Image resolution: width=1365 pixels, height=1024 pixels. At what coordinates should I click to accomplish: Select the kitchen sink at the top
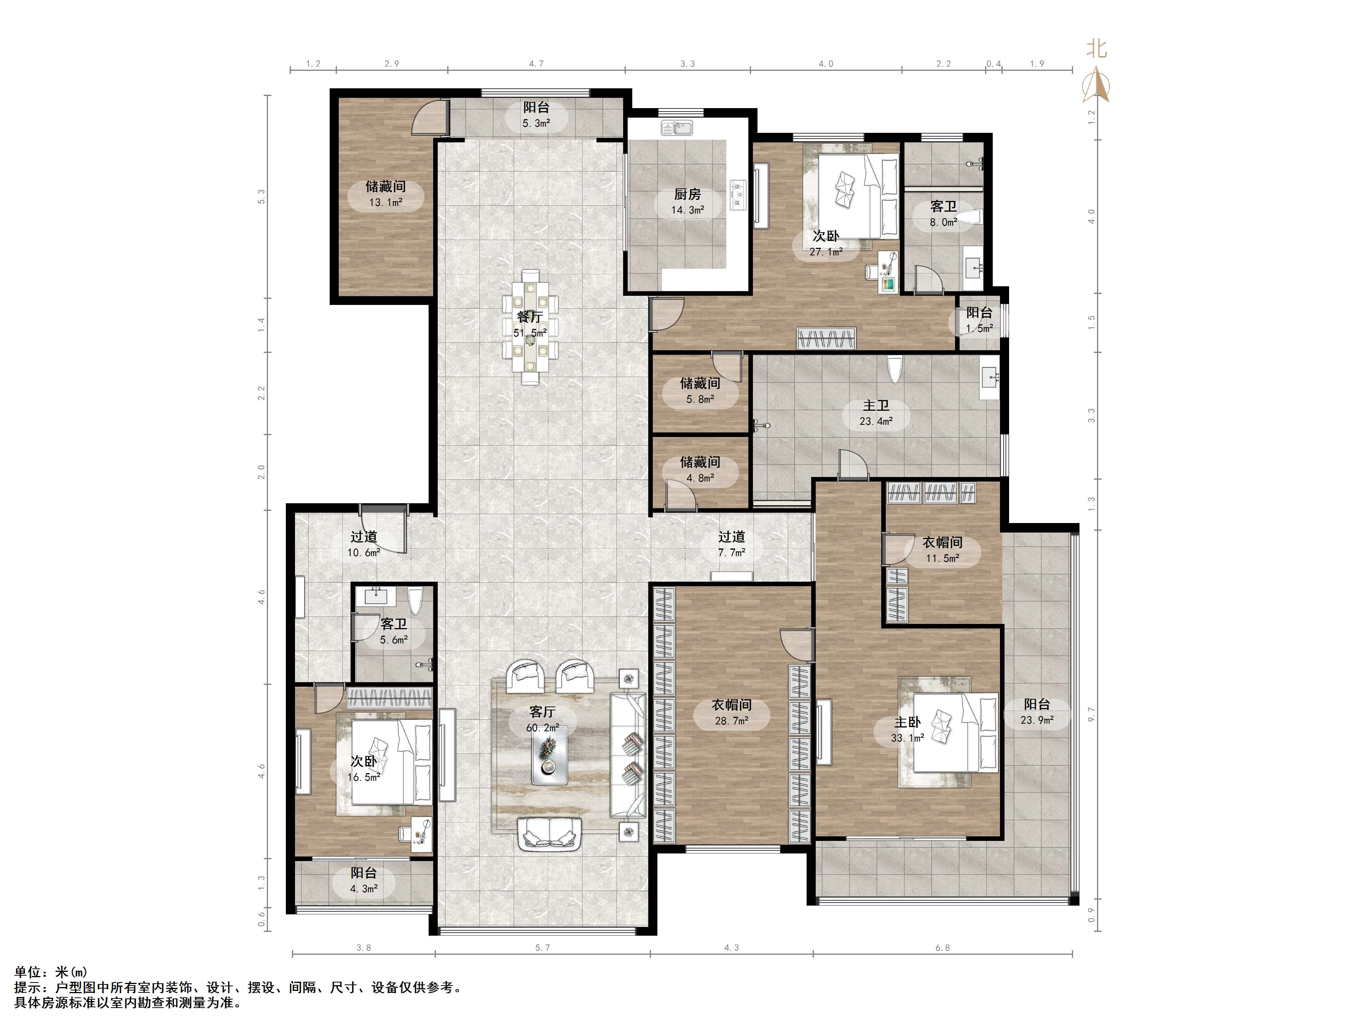(x=677, y=128)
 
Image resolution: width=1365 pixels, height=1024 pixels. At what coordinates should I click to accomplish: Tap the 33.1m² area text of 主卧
(x=907, y=738)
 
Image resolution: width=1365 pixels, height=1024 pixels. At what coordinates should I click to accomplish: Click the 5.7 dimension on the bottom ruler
(x=542, y=947)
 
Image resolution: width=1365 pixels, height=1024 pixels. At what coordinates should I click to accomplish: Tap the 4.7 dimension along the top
(x=536, y=64)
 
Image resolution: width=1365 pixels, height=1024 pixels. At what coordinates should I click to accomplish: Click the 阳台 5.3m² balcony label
(x=536, y=115)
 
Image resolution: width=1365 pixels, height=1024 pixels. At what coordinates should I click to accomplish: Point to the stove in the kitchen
(x=738, y=194)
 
